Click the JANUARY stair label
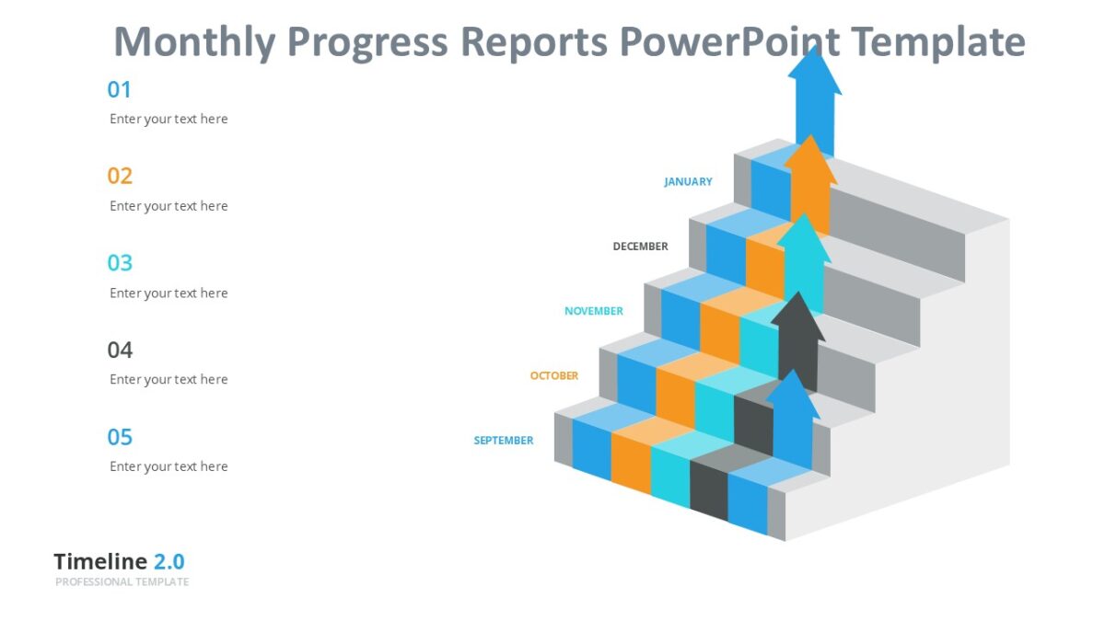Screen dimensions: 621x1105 688,182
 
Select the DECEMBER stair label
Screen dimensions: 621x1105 640,247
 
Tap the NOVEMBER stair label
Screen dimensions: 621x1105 593,312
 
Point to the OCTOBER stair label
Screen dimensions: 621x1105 553,376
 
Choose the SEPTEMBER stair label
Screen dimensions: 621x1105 503,441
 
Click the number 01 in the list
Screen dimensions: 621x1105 120,90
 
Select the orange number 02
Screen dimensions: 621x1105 120,176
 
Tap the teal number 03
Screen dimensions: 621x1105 120,263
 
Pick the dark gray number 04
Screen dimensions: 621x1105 120,350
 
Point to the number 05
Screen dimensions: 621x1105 120,437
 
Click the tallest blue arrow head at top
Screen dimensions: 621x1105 814,72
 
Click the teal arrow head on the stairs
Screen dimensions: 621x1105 803,238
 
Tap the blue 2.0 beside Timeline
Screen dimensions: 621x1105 169,562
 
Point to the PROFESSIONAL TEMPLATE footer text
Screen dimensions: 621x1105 122,582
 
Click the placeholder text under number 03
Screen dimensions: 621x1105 169,293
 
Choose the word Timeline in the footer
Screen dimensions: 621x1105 100,562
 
